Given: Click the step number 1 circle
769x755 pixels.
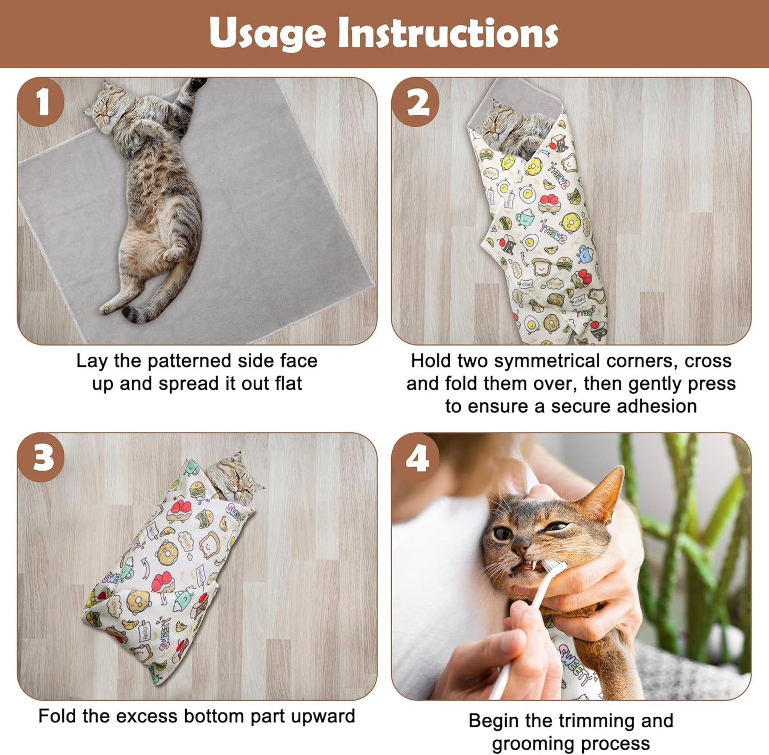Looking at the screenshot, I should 41,102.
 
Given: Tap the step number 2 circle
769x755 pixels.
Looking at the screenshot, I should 416,102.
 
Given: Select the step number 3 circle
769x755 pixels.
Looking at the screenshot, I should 41,457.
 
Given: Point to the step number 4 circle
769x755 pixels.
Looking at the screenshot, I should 416,457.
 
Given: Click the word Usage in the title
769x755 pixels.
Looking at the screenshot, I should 267,33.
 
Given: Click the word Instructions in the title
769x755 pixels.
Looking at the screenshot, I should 448,33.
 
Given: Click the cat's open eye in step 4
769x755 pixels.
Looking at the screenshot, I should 503,533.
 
